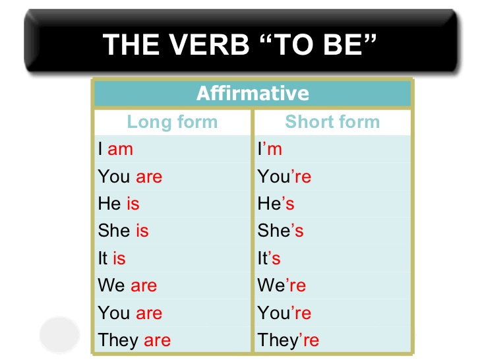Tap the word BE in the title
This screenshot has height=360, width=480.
pos(354,44)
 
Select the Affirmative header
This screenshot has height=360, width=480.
pos(253,93)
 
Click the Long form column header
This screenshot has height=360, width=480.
pos(172,122)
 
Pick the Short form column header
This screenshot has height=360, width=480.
pos(332,122)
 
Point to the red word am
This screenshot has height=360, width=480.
pos(121,149)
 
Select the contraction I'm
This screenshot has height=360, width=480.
pos(270,149)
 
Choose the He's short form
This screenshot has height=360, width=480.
pos(276,204)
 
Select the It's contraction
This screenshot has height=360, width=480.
pos(269,258)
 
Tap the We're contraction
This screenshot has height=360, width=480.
pos(282,285)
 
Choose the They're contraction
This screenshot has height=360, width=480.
pos(288,340)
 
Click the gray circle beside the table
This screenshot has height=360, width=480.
pos(59,335)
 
